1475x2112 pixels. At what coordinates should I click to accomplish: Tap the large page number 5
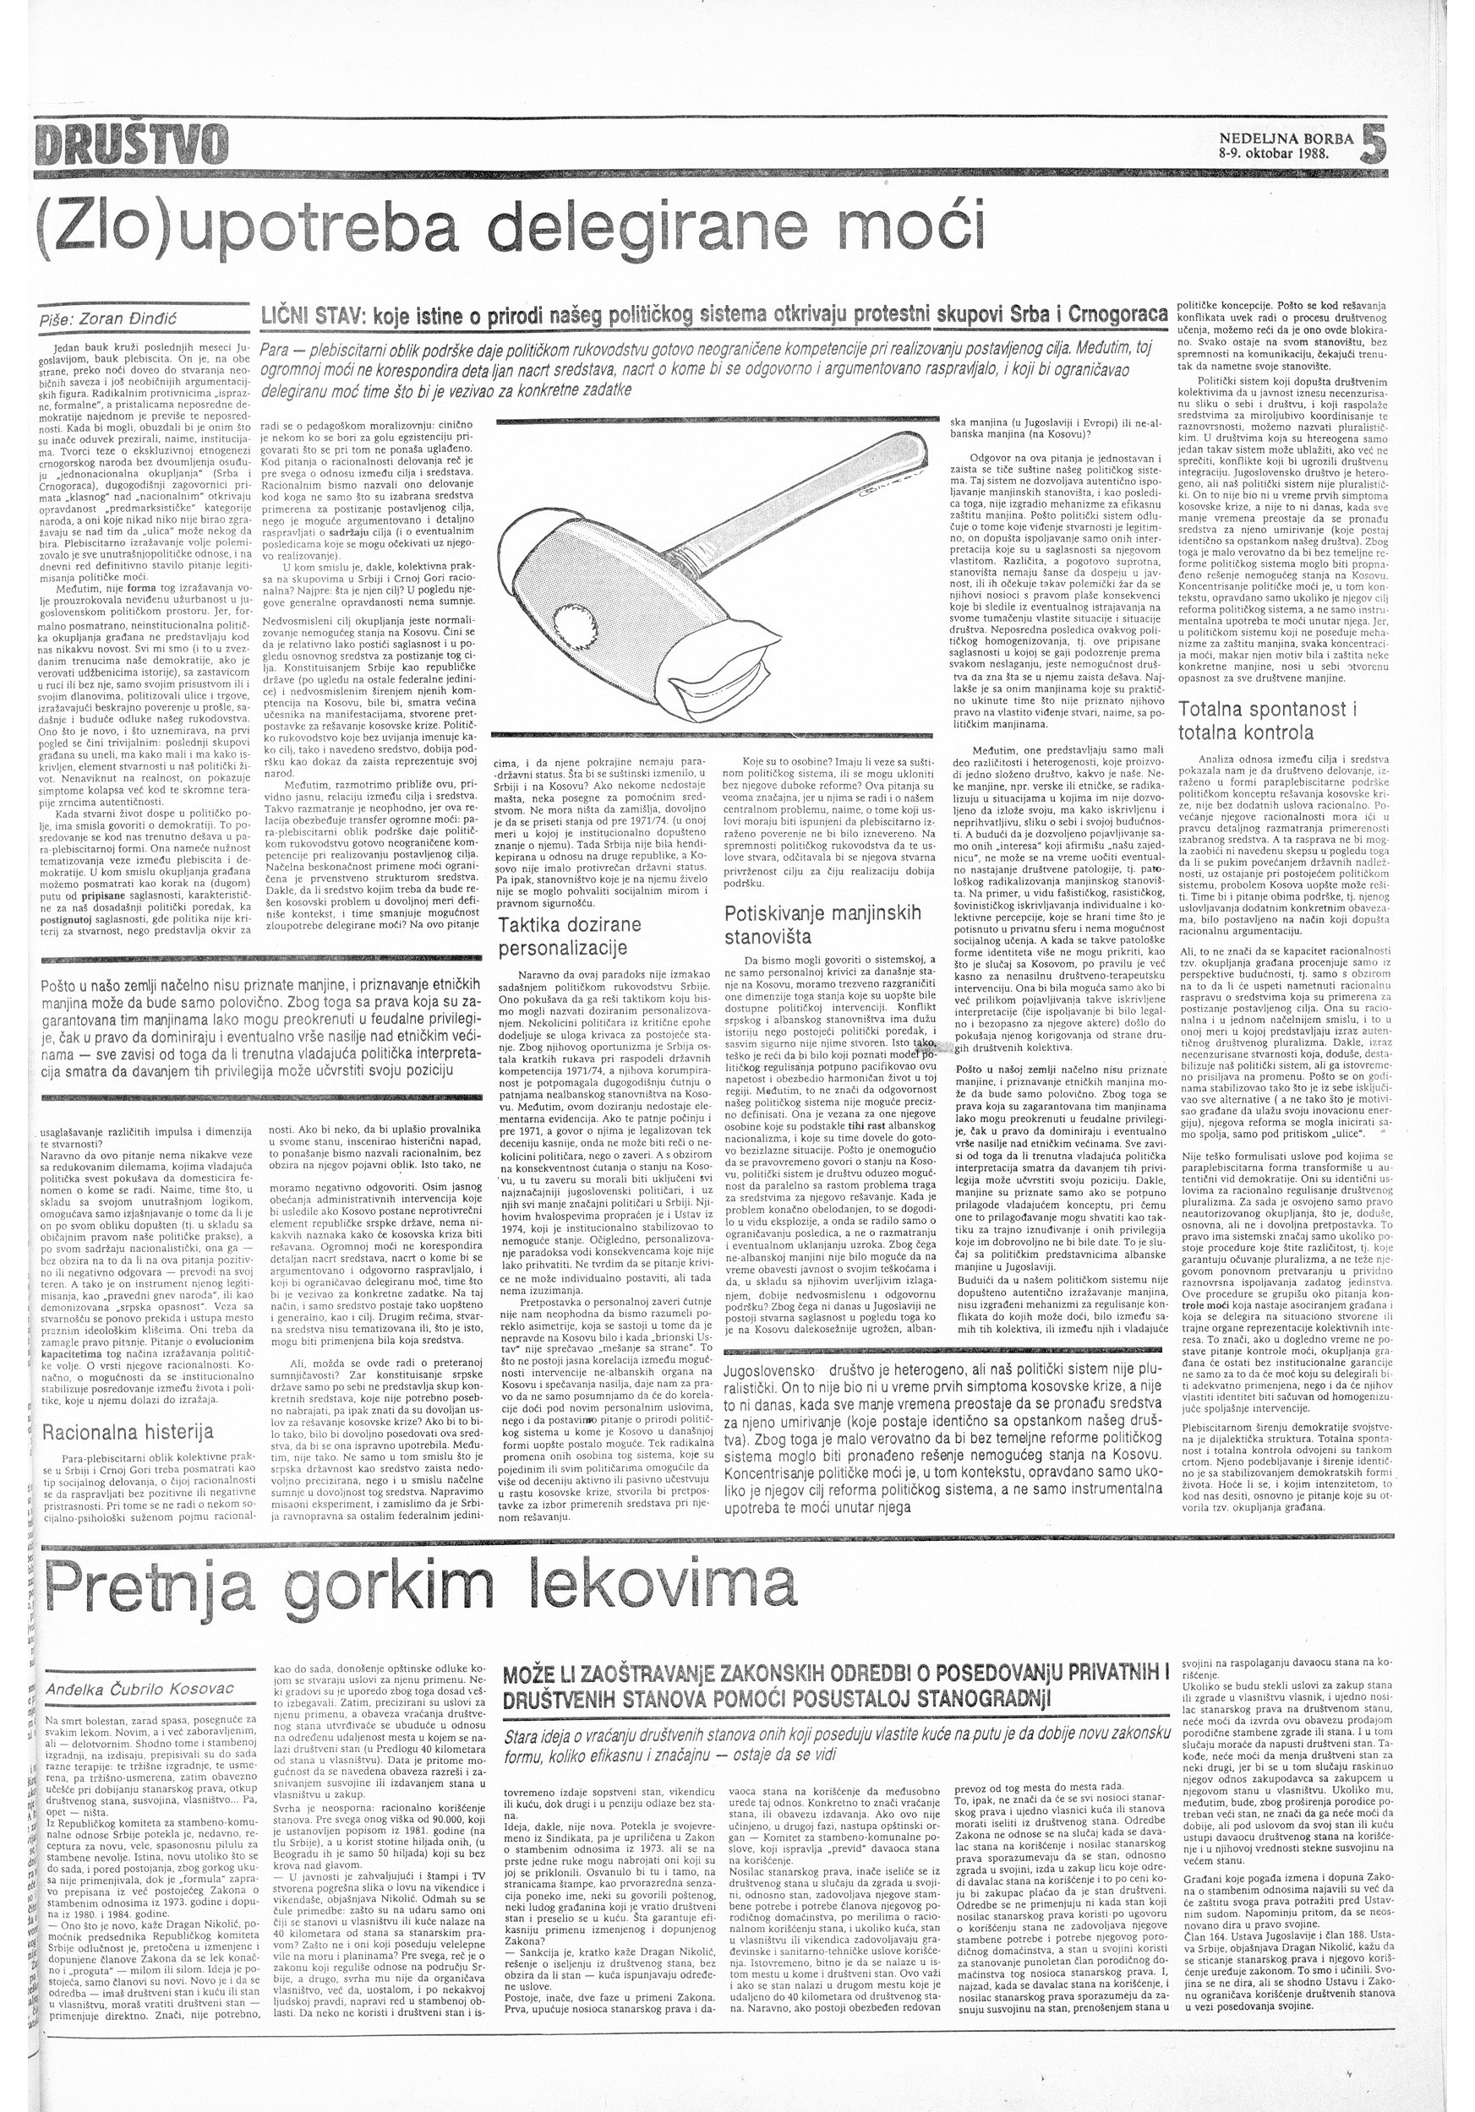coord(1371,144)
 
